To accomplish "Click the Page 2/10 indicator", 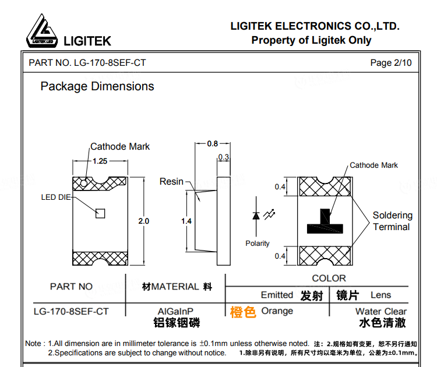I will click(390, 63).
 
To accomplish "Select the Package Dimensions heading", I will click(97, 86).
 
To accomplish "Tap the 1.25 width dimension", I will click(100, 161).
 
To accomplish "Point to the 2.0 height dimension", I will click(143, 221).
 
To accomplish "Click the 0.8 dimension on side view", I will click(212, 143).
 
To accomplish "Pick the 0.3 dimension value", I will click(223, 157).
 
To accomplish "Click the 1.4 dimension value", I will click(186, 221).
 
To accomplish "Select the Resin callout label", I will click(171, 182).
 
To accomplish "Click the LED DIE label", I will click(55, 197).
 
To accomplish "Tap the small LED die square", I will click(100, 213).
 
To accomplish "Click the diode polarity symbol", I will click(256, 216).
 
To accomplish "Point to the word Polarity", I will click(258, 243).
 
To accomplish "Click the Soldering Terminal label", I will click(392, 221).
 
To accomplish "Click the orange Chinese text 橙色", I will click(243, 312).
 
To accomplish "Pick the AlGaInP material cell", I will click(175, 312).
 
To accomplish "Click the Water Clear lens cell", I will click(380, 312).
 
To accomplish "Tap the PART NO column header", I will click(71, 286).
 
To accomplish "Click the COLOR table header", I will click(329, 278).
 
